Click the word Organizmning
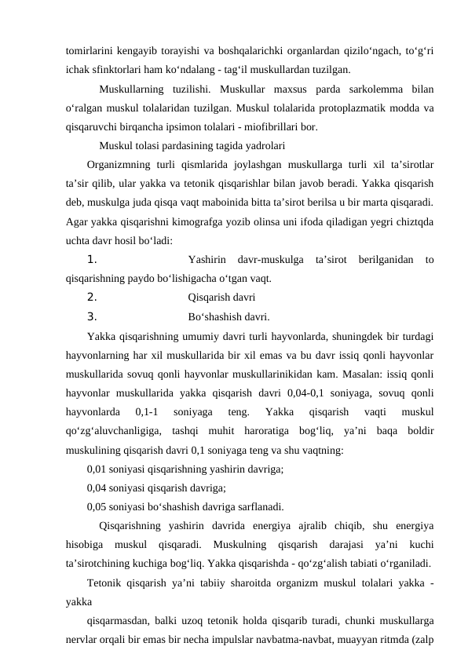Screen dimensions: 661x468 [119, 165]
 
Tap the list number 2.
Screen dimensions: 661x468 [92, 298]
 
